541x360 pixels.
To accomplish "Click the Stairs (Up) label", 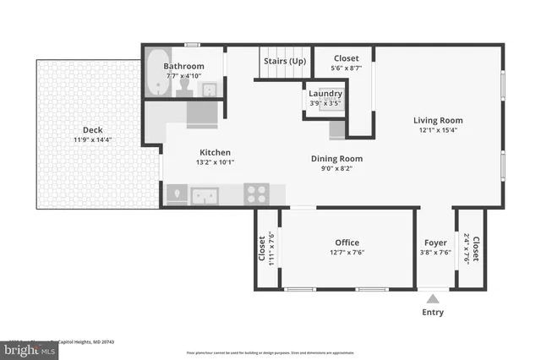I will coord(284,61).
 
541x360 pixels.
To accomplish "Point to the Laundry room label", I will coord(325,94).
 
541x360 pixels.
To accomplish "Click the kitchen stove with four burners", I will coord(257,194).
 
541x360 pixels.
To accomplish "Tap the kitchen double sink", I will coord(205,195).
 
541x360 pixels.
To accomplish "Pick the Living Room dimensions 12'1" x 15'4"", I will coord(439,130).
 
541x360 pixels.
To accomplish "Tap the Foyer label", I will coord(434,243).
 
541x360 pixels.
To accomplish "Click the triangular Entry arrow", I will coord(434,298).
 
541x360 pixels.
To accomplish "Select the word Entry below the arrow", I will coord(434,313).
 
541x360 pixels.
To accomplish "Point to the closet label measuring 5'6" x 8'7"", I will coord(346,58).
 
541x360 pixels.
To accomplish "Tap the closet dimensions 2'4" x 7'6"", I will coord(466,249).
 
